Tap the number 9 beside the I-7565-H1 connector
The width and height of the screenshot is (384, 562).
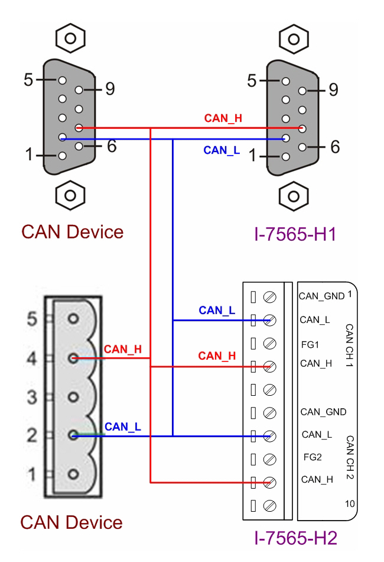click(x=333, y=90)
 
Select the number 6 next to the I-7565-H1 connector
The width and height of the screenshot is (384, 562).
click(x=334, y=147)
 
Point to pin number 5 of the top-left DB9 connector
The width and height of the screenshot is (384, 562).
click(x=28, y=79)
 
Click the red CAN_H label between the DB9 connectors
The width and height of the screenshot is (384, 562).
click(x=223, y=118)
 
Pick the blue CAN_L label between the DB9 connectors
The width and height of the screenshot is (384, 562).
click(x=222, y=150)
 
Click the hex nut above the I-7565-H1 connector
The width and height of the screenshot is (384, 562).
click(x=292, y=38)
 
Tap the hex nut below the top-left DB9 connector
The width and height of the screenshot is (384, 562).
click(x=70, y=193)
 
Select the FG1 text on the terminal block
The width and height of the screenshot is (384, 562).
click(x=311, y=343)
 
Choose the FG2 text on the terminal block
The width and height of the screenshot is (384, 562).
click(x=311, y=457)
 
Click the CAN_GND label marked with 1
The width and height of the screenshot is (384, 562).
click(x=321, y=296)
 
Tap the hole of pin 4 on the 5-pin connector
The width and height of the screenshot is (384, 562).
click(x=73, y=358)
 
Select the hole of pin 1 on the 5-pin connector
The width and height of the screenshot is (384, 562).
click(x=73, y=474)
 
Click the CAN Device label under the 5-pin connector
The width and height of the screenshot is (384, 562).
click(x=71, y=522)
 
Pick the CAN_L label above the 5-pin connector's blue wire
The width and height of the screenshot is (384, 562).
click(x=123, y=426)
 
